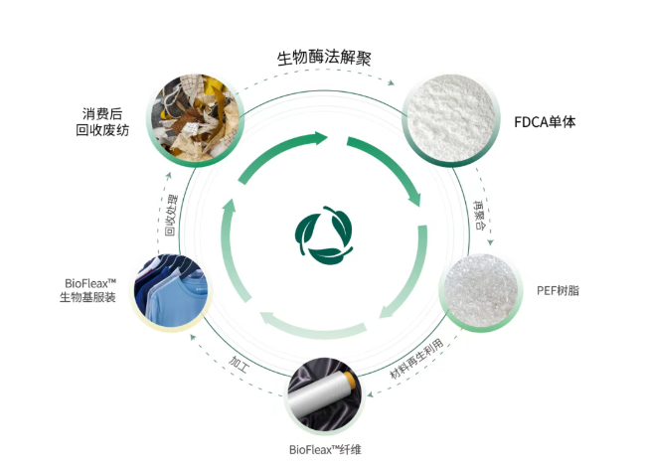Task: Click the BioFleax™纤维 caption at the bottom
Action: coord(326,449)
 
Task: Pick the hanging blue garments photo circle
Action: coord(171,289)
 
